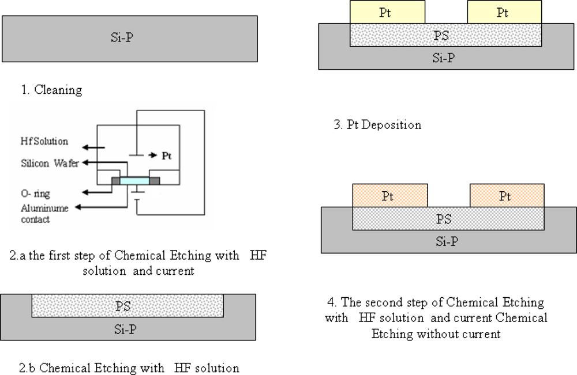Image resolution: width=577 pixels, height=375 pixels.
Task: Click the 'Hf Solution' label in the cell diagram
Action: pos(44,141)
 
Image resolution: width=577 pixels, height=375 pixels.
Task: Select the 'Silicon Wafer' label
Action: pos(50,164)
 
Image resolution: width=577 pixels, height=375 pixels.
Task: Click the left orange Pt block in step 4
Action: pos(389,196)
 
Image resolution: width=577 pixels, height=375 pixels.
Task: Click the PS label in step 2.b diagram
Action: pos(123,306)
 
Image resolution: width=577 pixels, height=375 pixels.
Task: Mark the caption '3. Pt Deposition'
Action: pos(377,125)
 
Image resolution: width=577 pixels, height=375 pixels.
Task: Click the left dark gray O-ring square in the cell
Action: pos(116,181)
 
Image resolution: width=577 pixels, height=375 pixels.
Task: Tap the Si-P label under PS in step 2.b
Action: pos(123,329)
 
